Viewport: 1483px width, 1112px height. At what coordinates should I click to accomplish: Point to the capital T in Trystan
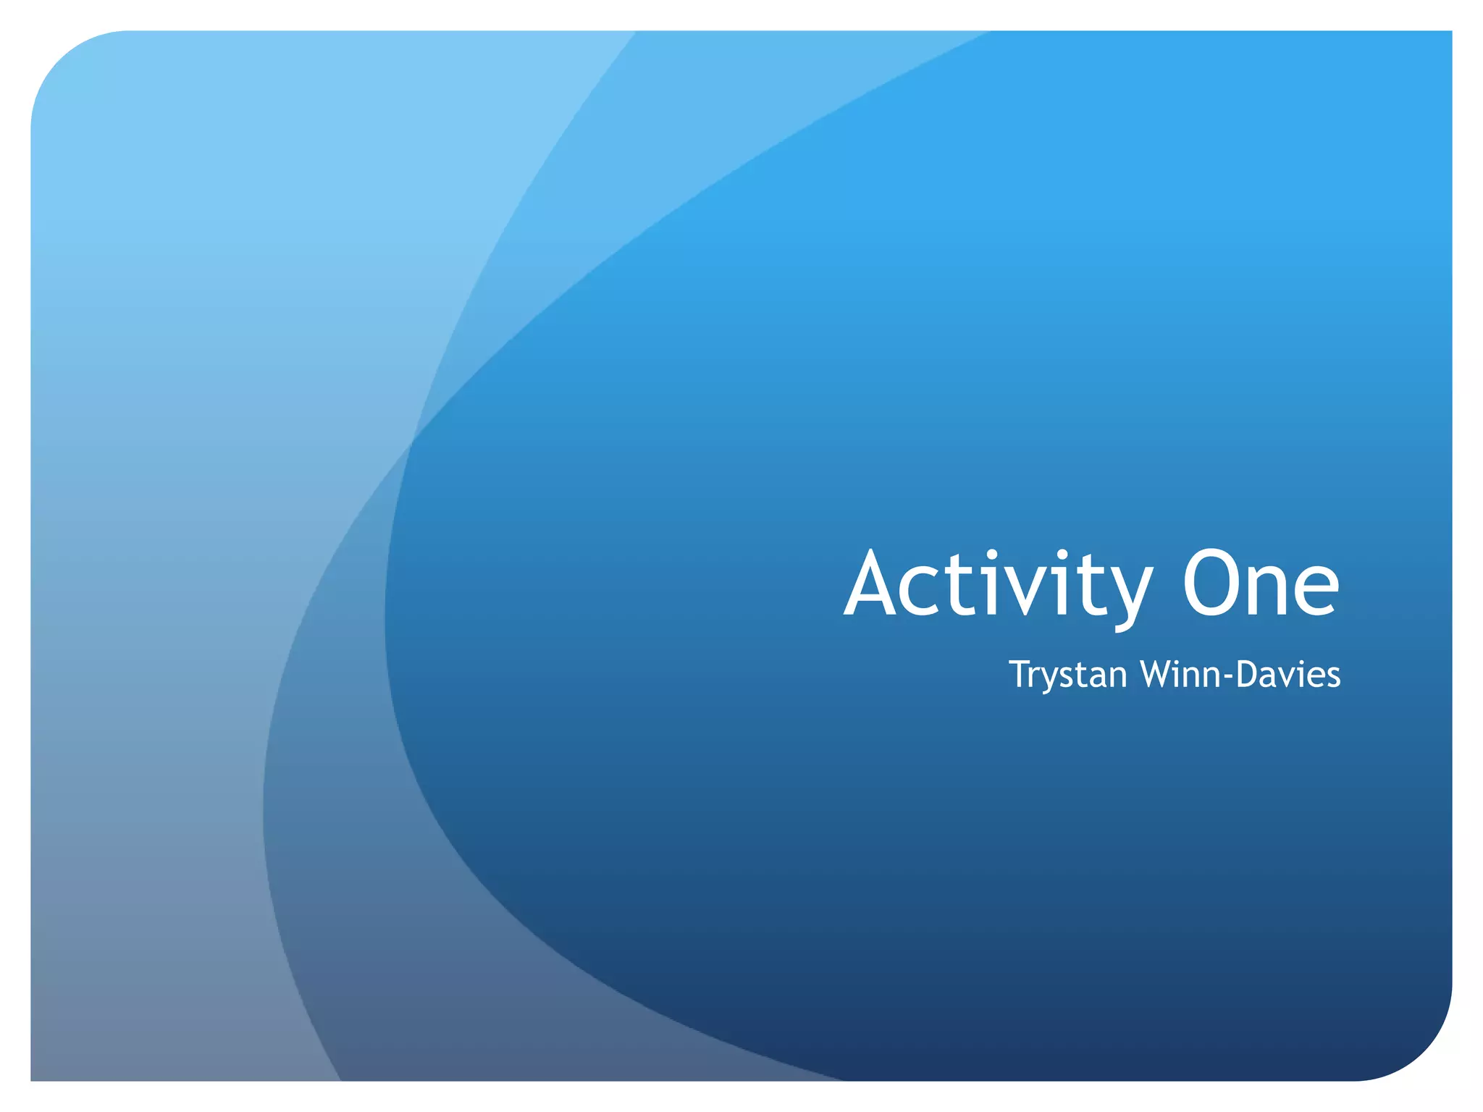click(1021, 673)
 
